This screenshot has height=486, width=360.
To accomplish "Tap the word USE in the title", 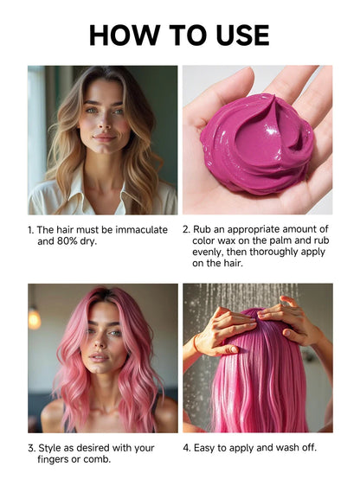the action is tap(243, 35).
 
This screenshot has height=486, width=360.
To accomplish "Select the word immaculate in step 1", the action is tap(141, 230).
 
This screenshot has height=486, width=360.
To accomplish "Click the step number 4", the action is tap(186, 448).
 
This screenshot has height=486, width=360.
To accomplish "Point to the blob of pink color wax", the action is tap(257, 144).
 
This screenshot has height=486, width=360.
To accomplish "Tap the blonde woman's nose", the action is tap(105, 122).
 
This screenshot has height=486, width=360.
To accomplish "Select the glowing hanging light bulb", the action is tap(35, 318).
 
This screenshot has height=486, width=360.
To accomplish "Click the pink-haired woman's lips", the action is tap(99, 358).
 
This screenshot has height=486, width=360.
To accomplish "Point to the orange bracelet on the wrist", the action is tap(195, 343).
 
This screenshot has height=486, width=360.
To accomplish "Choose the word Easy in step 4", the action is tap(203, 448).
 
